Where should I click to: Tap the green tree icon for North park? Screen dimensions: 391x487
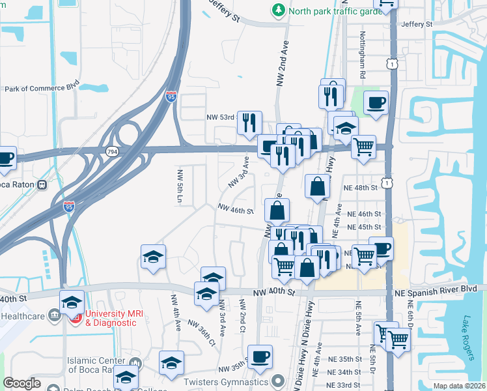pyautogui.click(x=279, y=10)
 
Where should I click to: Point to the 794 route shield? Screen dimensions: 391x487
pyautogui.click(x=112, y=151)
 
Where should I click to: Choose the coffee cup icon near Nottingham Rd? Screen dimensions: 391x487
pyautogui.click(x=376, y=102)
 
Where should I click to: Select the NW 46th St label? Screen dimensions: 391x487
pyautogui.click(x=235, y=210)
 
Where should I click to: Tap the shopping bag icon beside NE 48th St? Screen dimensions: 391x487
pyautogui.click(x=316, y=186)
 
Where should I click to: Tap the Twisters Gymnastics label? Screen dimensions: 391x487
pyautogui.click(x=236, y=381)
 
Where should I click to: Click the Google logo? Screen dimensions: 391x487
pyautogui.click(x=21, y=383)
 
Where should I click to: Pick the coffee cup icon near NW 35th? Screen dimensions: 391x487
pyautogui.click(x=260, y=356)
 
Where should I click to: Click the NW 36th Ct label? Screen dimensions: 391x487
pyautogui.click(x=202, y=332)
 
